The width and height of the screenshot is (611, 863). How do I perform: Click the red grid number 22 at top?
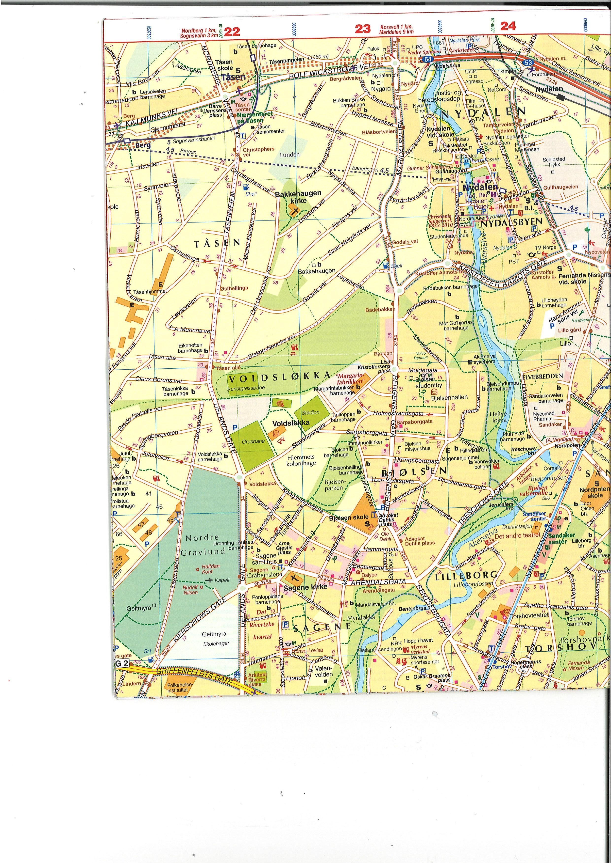coord(232,31)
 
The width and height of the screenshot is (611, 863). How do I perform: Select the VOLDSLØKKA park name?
coord(279,376)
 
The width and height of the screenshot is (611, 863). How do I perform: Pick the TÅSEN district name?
coord(217,243)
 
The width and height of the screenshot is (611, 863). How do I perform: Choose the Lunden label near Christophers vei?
coord(290,155)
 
